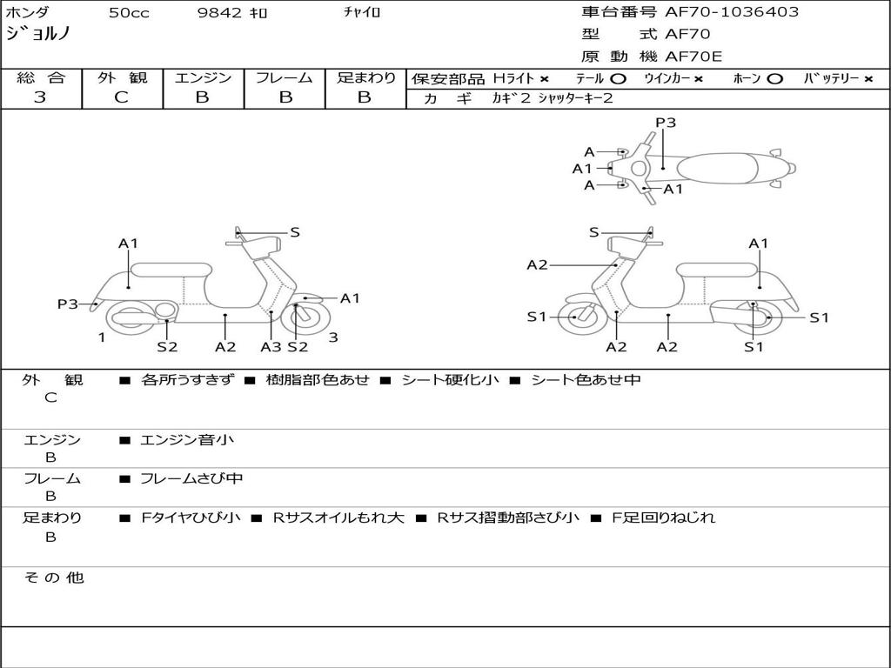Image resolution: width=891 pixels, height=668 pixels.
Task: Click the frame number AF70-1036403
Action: [x=732, y=11]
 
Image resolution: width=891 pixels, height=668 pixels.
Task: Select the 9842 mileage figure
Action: [x=219, y=12]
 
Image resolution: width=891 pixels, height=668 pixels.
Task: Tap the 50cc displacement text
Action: [x=129, y=12]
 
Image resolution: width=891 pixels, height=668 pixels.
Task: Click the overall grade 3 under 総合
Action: [x=40, y=97]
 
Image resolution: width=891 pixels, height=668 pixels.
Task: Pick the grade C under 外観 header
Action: [x=121, y=97]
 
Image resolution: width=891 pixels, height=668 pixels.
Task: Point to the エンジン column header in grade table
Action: [x=203, y=77]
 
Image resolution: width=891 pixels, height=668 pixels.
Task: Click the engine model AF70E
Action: [x=693, y=57]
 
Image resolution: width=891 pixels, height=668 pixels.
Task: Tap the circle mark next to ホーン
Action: [x=774, y=79]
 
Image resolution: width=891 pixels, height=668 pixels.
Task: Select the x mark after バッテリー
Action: [x=868, y=79]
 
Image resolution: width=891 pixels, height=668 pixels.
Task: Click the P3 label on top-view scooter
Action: [x=666, y=122]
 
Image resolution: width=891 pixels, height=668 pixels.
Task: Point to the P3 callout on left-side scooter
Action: [x=67, y=304]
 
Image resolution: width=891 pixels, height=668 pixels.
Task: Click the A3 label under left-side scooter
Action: [x=271, y=346]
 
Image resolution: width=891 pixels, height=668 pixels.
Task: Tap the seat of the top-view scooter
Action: [x=717, y=168]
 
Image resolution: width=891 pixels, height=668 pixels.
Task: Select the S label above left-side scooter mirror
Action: [x=294, y=231]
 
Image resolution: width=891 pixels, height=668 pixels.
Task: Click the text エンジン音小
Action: [x=186, y=439]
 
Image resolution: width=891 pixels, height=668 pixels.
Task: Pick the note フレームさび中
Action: [x=191, y=479]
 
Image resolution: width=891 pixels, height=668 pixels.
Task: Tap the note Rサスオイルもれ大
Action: [x=338, y=518]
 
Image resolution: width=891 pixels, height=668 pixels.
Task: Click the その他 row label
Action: [x=54, y=578]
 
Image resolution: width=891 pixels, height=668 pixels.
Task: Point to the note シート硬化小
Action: [x=450, y=380]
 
